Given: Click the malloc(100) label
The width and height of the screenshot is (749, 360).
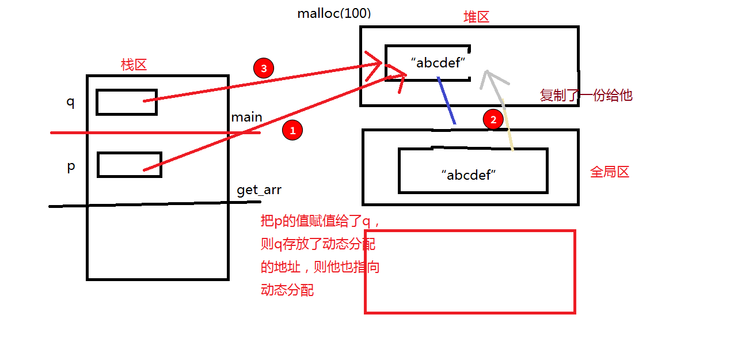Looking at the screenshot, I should pos(334,14).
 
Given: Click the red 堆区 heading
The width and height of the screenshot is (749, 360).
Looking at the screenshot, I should pos(476,17).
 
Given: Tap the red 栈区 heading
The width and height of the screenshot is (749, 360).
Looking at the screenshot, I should pos(134,65).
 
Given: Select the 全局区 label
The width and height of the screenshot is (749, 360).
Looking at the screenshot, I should pos(610,172).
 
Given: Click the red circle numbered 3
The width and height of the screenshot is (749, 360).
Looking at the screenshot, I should pos(264,69).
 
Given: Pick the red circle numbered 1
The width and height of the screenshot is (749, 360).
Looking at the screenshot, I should pos(292,131).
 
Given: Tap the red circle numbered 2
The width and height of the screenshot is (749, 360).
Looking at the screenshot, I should pos(493,120).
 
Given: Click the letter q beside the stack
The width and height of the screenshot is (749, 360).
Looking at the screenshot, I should pos(70,102).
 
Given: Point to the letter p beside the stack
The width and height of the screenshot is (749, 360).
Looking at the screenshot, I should pos(71,166).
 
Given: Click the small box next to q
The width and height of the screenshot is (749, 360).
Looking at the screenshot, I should pos(126,102).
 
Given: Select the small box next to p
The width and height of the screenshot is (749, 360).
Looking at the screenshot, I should pos(129,165).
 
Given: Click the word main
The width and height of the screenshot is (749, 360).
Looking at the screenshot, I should pos(246,118).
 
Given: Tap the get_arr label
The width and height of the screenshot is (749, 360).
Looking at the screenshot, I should pos(259,190).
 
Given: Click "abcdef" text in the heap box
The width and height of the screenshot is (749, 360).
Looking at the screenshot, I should pos(438,63).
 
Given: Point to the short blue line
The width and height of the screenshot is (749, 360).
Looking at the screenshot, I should pos(446,100).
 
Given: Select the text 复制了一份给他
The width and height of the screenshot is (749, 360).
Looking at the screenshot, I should pos(585,95).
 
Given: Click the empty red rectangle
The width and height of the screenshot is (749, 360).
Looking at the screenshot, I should pos(470,272).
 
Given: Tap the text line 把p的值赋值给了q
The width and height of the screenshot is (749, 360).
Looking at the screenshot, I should pos(320,221).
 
